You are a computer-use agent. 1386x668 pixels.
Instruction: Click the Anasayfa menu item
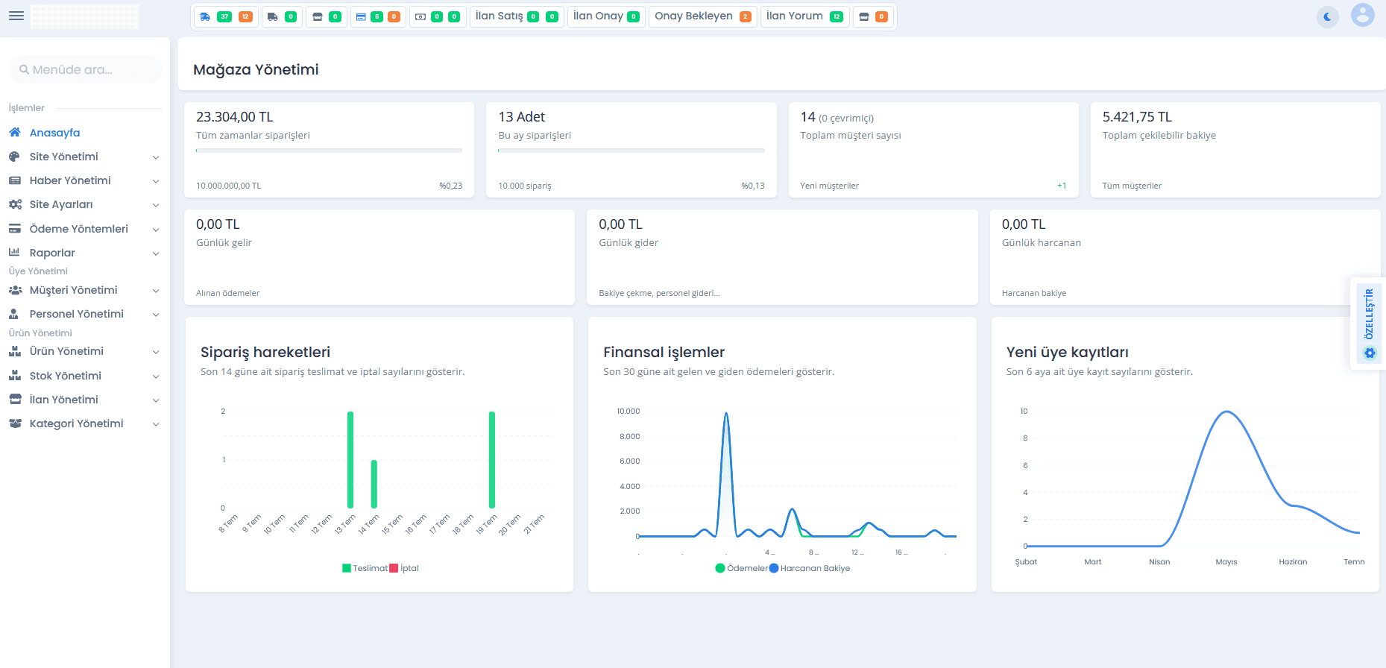(54, 133)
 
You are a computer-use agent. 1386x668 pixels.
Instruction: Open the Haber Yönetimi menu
(70, 180)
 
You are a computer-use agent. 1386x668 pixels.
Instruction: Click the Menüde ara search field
(85, 69)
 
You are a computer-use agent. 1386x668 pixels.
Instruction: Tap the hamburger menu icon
(16, 16)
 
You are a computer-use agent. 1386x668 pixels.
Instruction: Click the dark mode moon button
(1327, 16)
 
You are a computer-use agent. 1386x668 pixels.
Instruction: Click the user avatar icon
(1363, 15)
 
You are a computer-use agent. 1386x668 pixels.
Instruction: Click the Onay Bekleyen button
(702, 16)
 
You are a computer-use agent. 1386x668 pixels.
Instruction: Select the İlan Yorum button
(804, 16)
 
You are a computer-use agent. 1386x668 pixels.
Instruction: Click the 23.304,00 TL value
(235, 117)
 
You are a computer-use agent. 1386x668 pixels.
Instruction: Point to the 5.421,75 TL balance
(1137, 117)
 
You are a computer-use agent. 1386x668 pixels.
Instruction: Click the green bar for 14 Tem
(374, 484)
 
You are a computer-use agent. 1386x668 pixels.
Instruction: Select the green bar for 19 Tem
(492, 460)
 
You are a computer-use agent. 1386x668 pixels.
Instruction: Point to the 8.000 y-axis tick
(629, 436)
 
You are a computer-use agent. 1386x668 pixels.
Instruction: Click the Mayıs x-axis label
(1226, 561)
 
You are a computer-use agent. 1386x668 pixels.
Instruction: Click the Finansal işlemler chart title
(664, 352)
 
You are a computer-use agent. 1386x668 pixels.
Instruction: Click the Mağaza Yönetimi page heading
(256, 69)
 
